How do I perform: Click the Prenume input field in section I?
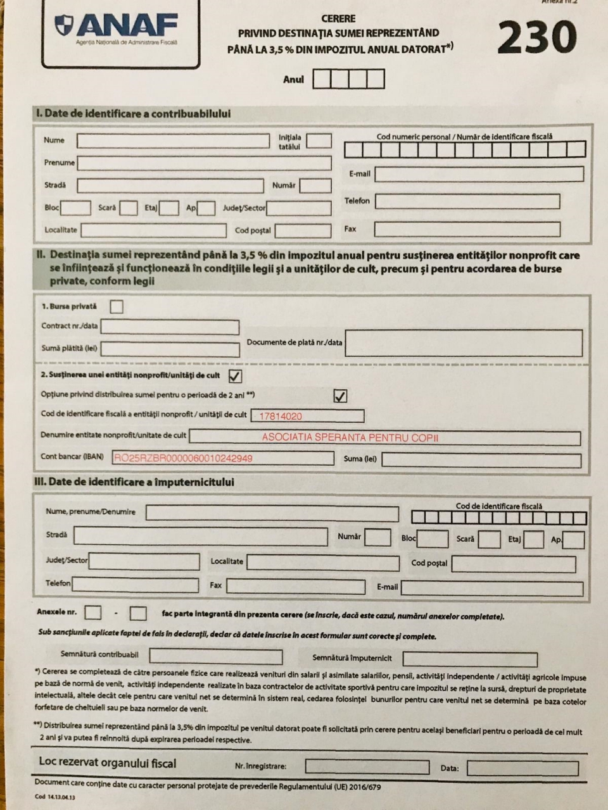coord(204,163)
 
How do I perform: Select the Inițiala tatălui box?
coord(319,140)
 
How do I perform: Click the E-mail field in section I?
coord(479,174)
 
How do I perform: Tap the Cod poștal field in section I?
coord(303,230)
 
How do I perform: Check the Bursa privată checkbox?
coord(117,307)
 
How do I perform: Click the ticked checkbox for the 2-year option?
coord(340,396)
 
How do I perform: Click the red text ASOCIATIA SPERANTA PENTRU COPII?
coord(350,437)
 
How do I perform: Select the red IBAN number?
coord(183,458)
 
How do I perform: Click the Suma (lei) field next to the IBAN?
coord(481,459)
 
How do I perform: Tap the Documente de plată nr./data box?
coord(463,343)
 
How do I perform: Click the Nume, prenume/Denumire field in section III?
coord(272,513)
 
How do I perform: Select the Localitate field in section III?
coord(322,562)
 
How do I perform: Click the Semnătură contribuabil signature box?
coord(216,656)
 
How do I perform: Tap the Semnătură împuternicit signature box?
coord(469,659)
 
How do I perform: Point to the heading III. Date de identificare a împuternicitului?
coord(134,482)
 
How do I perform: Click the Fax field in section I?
coord(467,229)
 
